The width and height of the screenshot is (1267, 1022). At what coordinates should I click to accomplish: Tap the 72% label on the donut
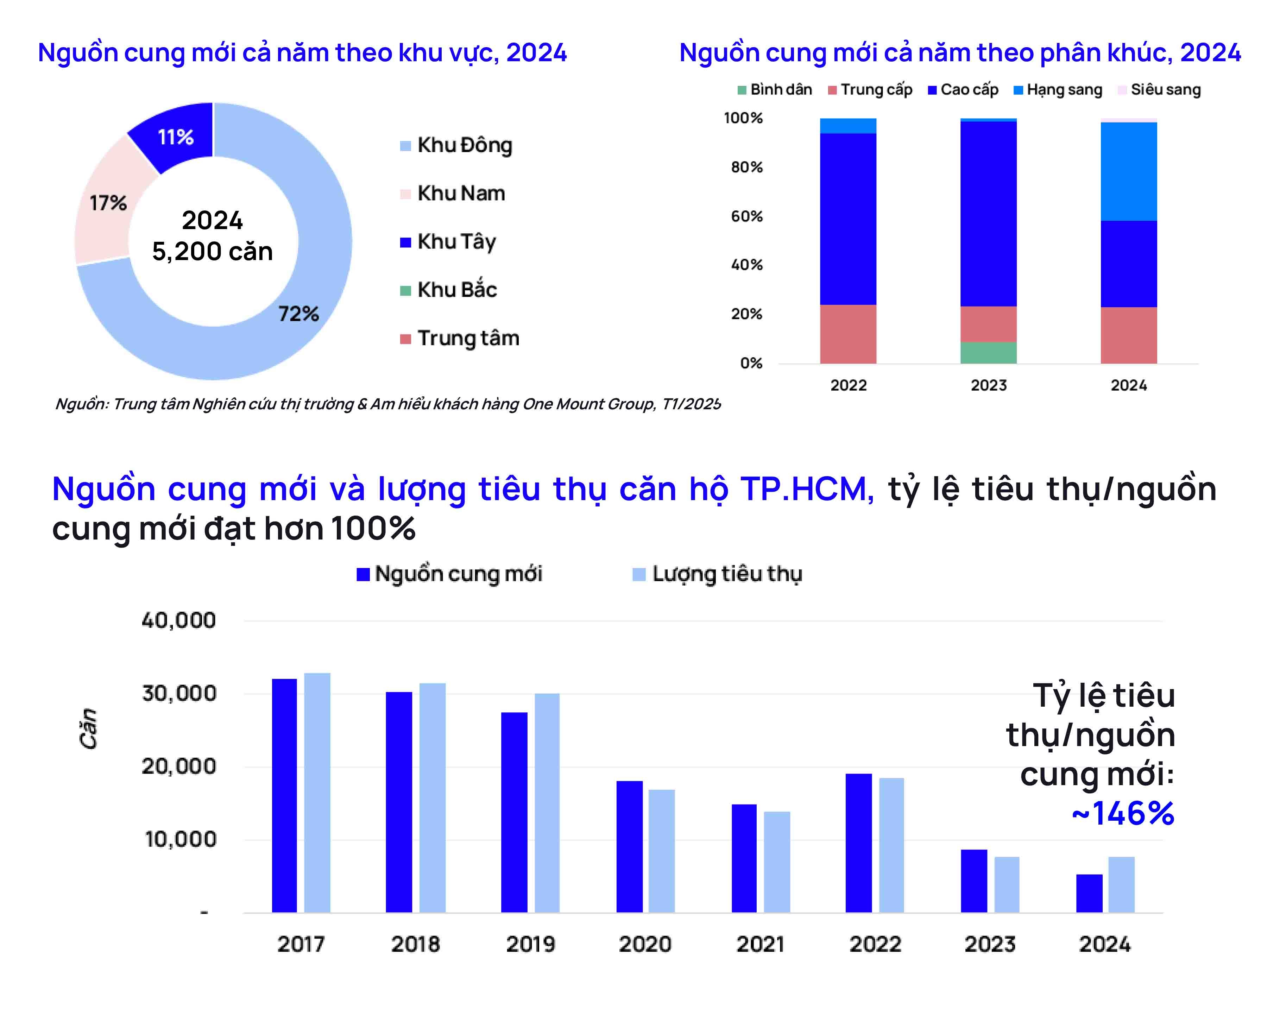[x=298, y=314]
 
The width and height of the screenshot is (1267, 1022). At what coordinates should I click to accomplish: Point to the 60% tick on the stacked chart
[x=746, y=216]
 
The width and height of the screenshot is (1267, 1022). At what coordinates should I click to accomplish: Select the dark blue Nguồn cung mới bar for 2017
[x=284, y=795]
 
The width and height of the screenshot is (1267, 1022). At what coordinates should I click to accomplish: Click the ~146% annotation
[x=1123, y=814]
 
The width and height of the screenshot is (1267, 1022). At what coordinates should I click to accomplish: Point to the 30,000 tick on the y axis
[x=179, y=694]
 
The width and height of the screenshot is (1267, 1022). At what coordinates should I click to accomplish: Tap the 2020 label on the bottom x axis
[x=645, y=944]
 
